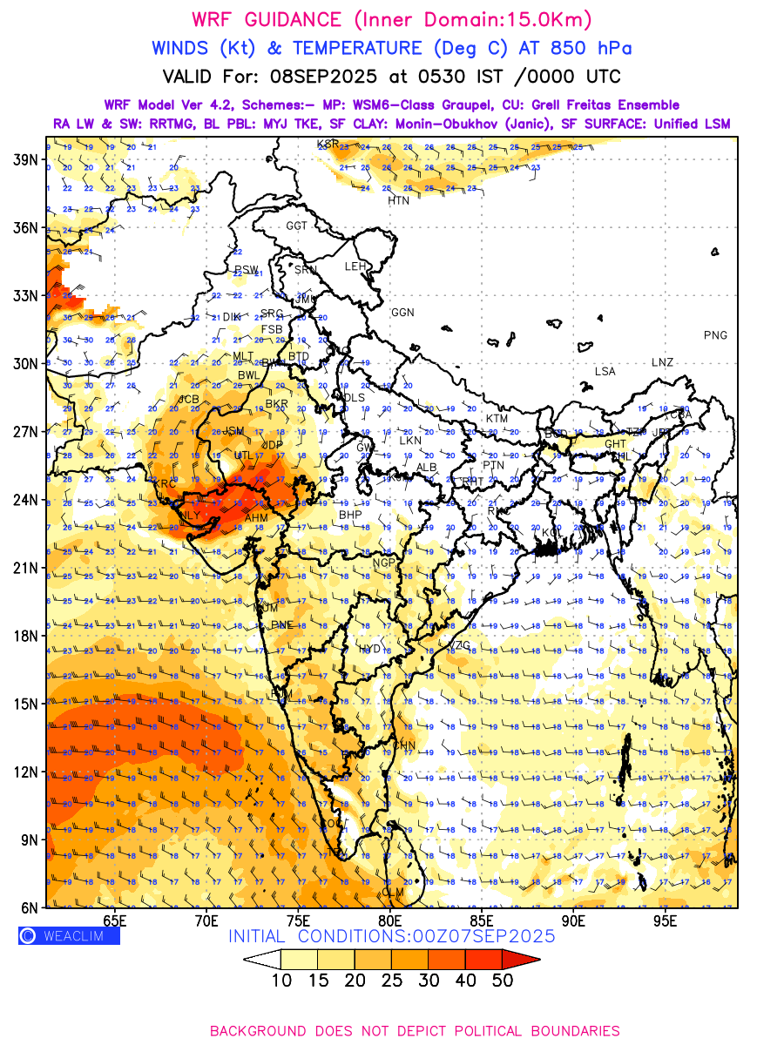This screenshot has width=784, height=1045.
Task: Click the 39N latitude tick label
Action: pyautogui.click(x=25, y=159)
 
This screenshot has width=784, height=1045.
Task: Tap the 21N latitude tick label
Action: pyautogui.click(x=25, y=568)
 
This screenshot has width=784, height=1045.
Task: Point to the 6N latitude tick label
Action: pyautogui.click(x=29, y=907)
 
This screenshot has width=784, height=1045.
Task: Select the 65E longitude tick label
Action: pyautogui.click(x=114, y=920)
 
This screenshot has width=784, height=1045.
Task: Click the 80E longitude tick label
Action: pyautogui.click(x=389, y=920)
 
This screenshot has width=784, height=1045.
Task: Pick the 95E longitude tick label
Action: pyautogui.click(x=666, y=920)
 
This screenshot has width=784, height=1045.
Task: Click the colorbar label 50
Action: pyautogui.click(x=504, y=981)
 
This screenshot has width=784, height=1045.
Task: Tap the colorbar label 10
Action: pyautogui.click(x=281, y=981)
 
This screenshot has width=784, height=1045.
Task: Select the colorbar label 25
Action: pyautogui.click(x=392, y=981)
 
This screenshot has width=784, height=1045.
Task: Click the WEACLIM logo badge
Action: pyautogui.click(x=69, y=936)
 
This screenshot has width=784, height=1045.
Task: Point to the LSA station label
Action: pyautogui.click(x=605, y=372)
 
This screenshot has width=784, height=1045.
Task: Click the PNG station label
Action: pyautogui.click(x=715, y=335)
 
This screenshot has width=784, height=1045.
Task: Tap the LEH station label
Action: pyautogui.click(x=355, y=266)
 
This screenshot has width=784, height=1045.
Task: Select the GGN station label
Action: pyautogui.click(x=402, y=313)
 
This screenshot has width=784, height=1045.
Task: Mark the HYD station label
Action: pyautogui.click(x=370, y=650)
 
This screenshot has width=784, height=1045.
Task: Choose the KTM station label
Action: pyautogui.click(x=497, y=419)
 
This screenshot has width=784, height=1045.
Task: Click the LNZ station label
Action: pyautogui.click(x=662, y=362)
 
